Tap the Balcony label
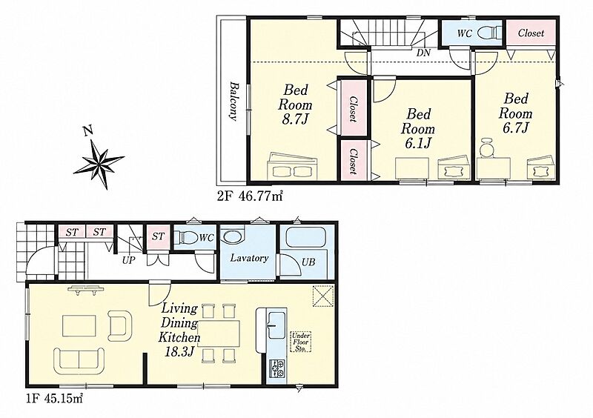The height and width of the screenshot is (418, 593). pyautogui.click(x=233, y=101)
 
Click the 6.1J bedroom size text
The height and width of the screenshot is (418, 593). pyautogui.click(x=418, y=143)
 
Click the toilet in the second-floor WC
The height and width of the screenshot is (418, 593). pyautogui.click(x=490, y=33)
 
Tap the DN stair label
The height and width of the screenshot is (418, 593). pyautogui.click(x=423, y=53)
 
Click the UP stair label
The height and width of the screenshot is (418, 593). pyautogui.click(x=128, y=260)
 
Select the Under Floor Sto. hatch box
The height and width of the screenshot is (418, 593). pyautogui.click(x=301, y=342)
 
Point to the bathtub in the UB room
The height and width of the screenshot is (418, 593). pyautogui.click(x=306, y=237)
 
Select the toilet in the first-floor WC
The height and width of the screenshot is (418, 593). pyautogui.click(x=189, y=238)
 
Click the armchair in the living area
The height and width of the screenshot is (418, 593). pyautogui.click(x=119, y=325)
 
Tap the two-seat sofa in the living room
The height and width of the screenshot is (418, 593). pyautogui.click(x=79, y=361)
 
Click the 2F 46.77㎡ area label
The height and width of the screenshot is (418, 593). pyautogui.click(x=250, y=196)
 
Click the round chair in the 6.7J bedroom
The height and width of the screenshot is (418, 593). pyautogui.click(x=488, y=147)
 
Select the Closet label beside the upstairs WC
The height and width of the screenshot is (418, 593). pyautogui.click(x=531, y=33)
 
